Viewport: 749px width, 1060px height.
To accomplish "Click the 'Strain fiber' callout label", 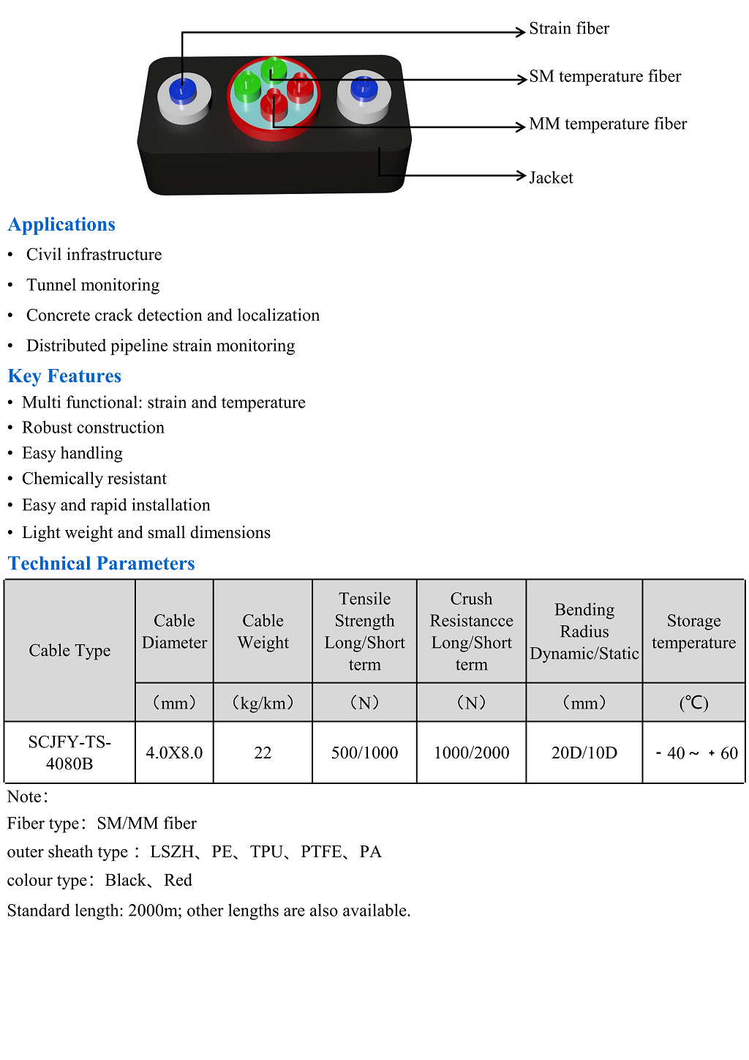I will (568, 29).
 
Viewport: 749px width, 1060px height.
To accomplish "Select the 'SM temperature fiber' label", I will (604, 76).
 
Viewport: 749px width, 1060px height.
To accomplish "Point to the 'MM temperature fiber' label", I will (607, 124).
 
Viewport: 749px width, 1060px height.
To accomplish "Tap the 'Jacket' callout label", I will (551, 178).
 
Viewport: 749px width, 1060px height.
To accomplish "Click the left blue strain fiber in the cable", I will (182, 91).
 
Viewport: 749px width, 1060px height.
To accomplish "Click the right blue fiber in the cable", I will (364, 89).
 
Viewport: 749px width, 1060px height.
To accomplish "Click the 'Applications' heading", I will (61, 224).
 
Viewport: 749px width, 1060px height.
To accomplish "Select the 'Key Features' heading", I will (64, 376).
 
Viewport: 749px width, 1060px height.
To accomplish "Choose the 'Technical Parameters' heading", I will (101, 563).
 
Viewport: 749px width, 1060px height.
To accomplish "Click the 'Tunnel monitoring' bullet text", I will (93, 285).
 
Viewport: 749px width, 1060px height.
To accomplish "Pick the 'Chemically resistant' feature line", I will (94, 479).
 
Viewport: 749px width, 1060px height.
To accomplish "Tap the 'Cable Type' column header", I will (69, 650).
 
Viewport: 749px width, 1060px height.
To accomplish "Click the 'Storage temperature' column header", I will (693, 631).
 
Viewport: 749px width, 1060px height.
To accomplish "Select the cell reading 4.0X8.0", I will (174, 753).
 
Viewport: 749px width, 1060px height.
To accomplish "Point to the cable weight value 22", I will (263, 753).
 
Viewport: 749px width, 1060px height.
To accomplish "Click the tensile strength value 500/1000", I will (364, 753).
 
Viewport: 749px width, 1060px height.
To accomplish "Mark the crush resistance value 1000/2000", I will (471, 753).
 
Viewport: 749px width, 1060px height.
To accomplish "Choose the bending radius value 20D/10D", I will (584, 753).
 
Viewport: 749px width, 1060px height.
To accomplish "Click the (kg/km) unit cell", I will (263, 703).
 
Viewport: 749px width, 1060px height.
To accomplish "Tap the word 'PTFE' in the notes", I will (321, 851).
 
